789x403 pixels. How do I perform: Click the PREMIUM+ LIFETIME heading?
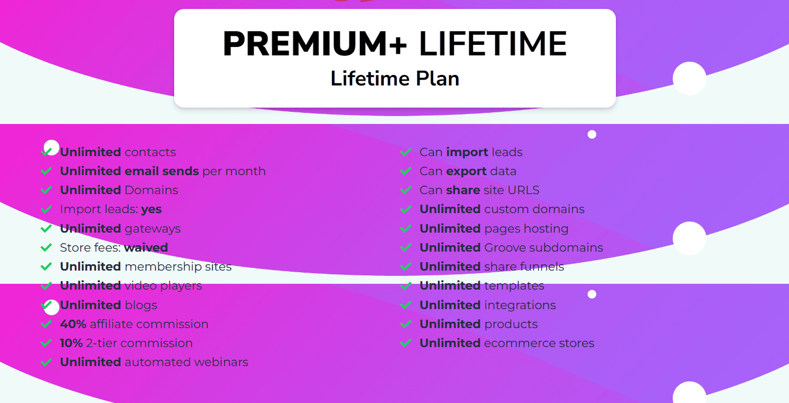395,44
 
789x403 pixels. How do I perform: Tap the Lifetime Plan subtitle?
395,78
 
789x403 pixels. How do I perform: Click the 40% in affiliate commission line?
73,324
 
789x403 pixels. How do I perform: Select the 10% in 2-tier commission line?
71,343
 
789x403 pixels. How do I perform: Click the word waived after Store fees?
146,247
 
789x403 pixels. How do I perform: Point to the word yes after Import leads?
151,209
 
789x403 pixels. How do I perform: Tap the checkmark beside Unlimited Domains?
46,190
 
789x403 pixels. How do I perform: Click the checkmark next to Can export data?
406,171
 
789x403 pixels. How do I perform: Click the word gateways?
153,229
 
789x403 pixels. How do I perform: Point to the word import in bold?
467,152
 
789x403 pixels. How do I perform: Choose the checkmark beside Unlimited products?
406,324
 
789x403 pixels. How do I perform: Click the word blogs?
141,305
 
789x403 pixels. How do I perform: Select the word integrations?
520,305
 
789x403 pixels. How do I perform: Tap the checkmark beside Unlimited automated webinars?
46,362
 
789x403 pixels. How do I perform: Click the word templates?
514,286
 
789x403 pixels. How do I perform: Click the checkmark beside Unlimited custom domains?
406,209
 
